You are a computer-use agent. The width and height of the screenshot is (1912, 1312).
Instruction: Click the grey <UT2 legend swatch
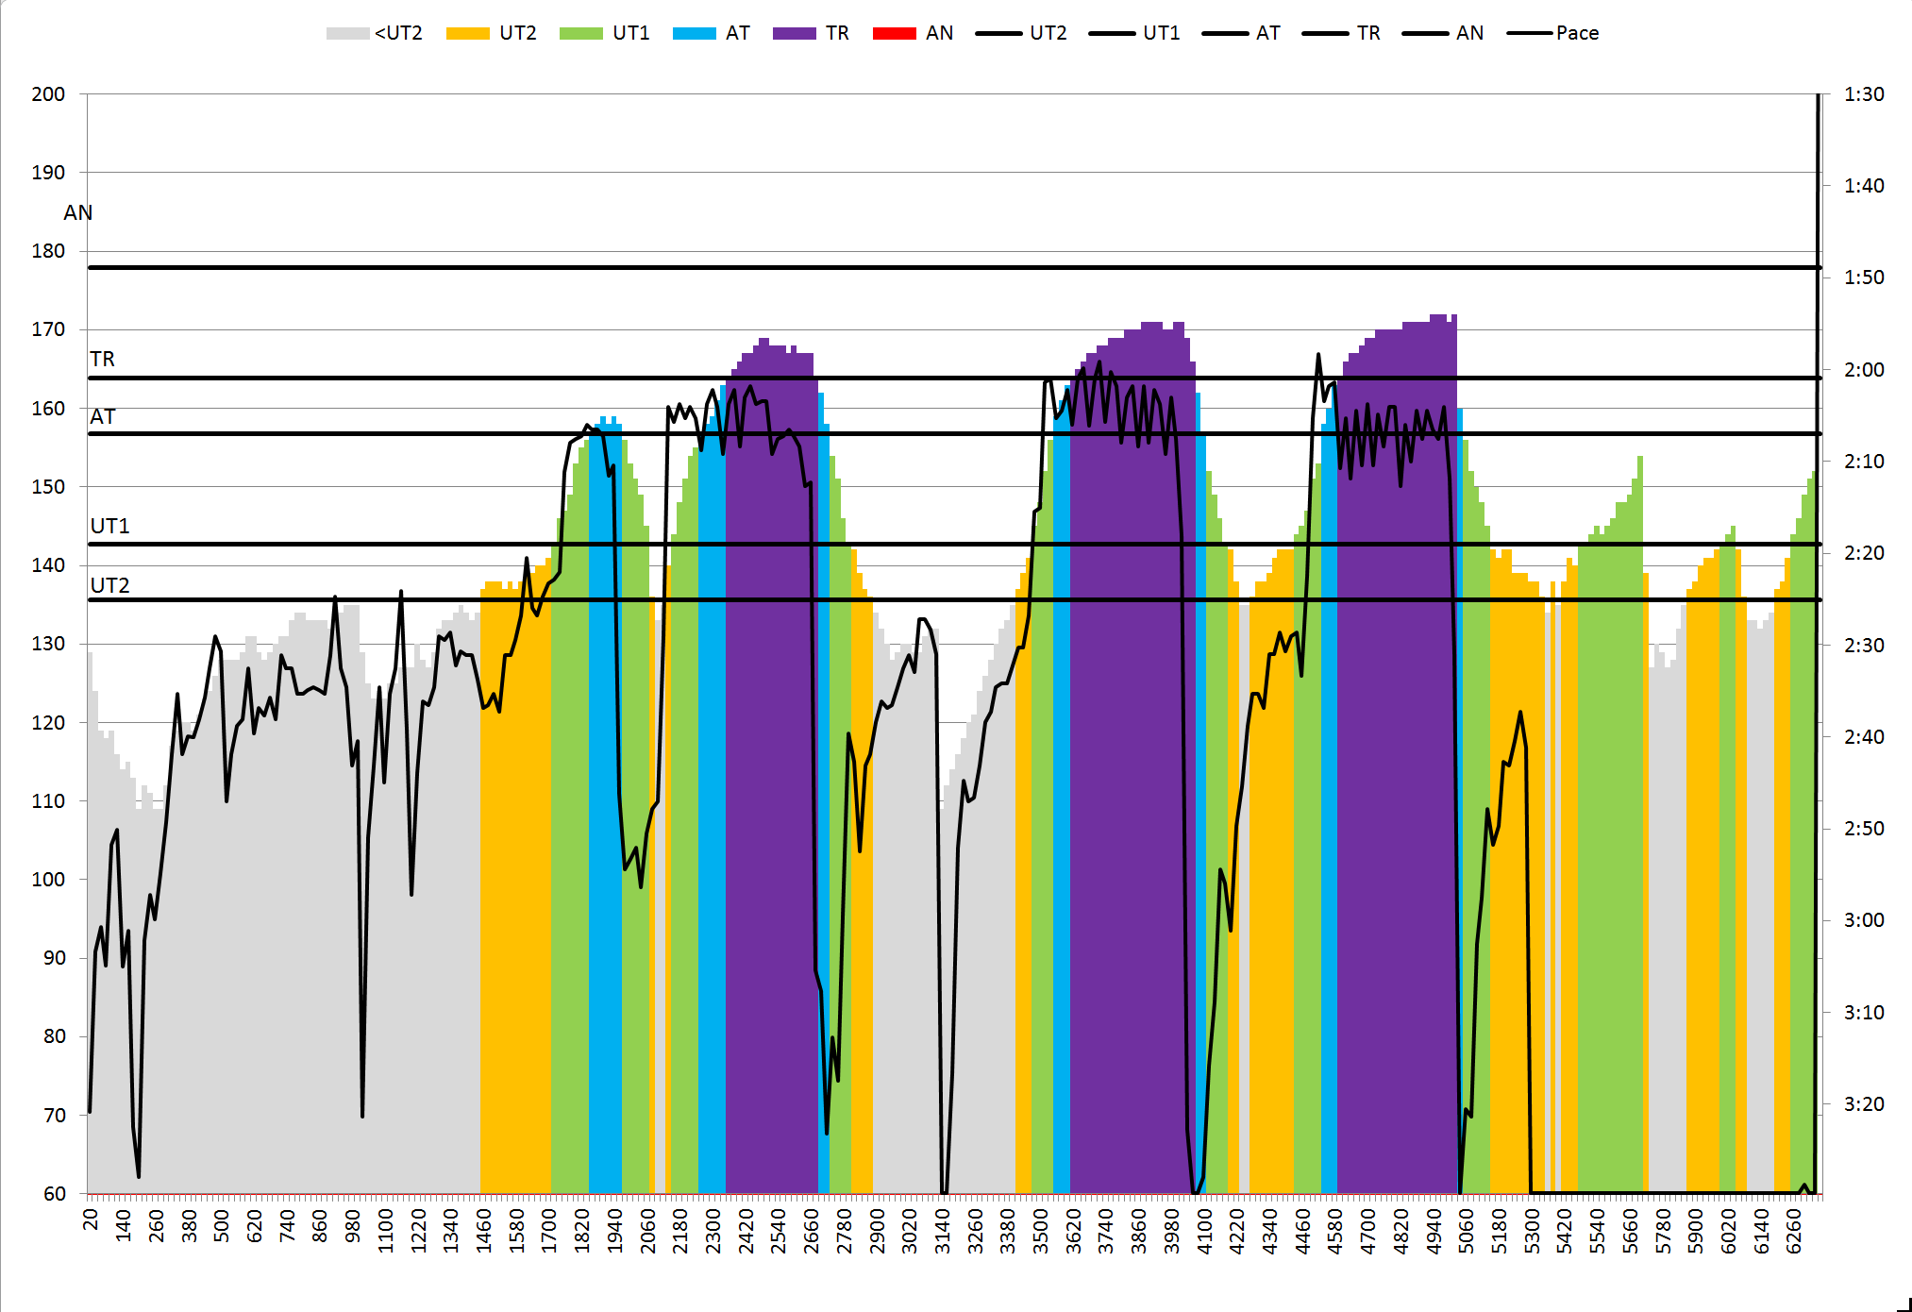click(x=347, y=33)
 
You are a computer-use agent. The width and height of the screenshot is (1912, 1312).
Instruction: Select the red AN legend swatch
click(x=894, y=33)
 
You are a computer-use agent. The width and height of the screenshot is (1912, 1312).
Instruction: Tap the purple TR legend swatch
click(x=794, y=33)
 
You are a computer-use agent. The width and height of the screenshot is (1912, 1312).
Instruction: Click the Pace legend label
click(x=1577, y=33)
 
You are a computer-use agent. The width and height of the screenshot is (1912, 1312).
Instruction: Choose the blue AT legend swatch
click(x=694, y=33)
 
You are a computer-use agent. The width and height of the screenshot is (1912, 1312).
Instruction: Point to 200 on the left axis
click(x=48, y=94)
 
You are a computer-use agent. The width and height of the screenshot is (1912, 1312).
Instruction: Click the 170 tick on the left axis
click(x=48, y=329)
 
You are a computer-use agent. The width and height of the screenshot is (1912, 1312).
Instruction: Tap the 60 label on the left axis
click(x=54, y=1193)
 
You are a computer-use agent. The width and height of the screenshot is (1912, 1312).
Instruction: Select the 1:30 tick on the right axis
click(x=1864, y=94)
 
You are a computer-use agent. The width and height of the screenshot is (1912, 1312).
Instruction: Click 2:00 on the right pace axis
click(x=1864, y=370)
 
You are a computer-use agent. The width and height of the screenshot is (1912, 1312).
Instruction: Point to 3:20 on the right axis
click(x=1864, y=1103)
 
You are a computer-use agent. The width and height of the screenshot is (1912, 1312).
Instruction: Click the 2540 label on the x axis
click(x=779, y=1231)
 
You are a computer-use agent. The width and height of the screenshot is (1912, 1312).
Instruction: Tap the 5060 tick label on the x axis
click(x=1467, y=1231)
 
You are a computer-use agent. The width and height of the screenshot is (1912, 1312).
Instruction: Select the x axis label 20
click(x=91, y=1219)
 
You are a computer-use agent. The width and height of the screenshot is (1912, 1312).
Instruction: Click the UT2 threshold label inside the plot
click(x=109, y=585)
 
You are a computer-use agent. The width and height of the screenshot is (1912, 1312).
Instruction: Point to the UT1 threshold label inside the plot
click(x=109, y=526)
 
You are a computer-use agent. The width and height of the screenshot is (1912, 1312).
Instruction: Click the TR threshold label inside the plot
click(x=102, y=359)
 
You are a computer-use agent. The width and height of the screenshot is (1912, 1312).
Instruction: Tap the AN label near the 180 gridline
click(x=78, y=212)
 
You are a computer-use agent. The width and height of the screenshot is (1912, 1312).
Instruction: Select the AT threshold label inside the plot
click(x=102, y=416)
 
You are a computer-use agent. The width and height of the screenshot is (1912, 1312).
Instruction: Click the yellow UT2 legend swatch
click(x=467, y=33)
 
